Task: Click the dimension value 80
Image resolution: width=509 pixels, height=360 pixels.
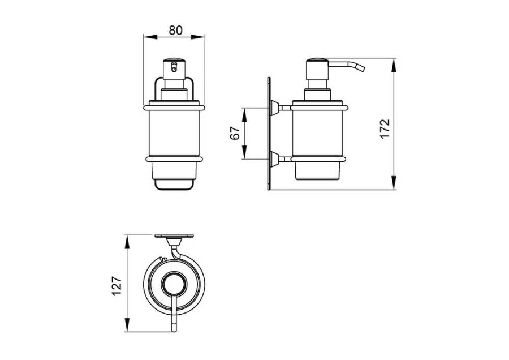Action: tap(176, 30)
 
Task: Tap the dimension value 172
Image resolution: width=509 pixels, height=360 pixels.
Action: tap(385, 129)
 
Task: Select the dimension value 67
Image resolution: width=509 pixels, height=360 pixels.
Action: tap(235, 132)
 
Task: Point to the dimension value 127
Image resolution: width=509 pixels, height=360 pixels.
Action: tap(117, 286)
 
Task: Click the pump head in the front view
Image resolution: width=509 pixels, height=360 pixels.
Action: tap(174, 69)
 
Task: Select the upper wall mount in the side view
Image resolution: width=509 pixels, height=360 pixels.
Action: tap(274, 108)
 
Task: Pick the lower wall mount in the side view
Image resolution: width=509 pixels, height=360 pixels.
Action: tap(274, 159)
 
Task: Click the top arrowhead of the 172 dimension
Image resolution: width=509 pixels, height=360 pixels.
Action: tap(394, 65)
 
